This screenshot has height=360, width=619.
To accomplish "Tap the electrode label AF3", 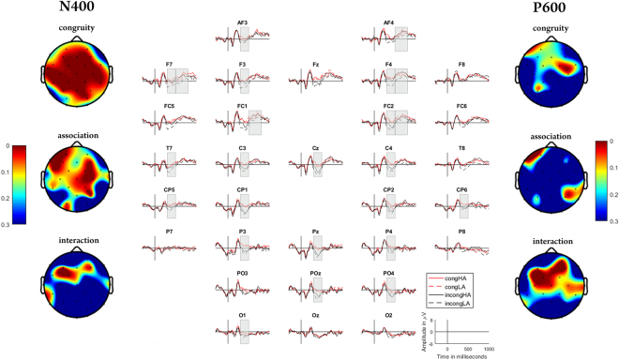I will coord(243,20).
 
